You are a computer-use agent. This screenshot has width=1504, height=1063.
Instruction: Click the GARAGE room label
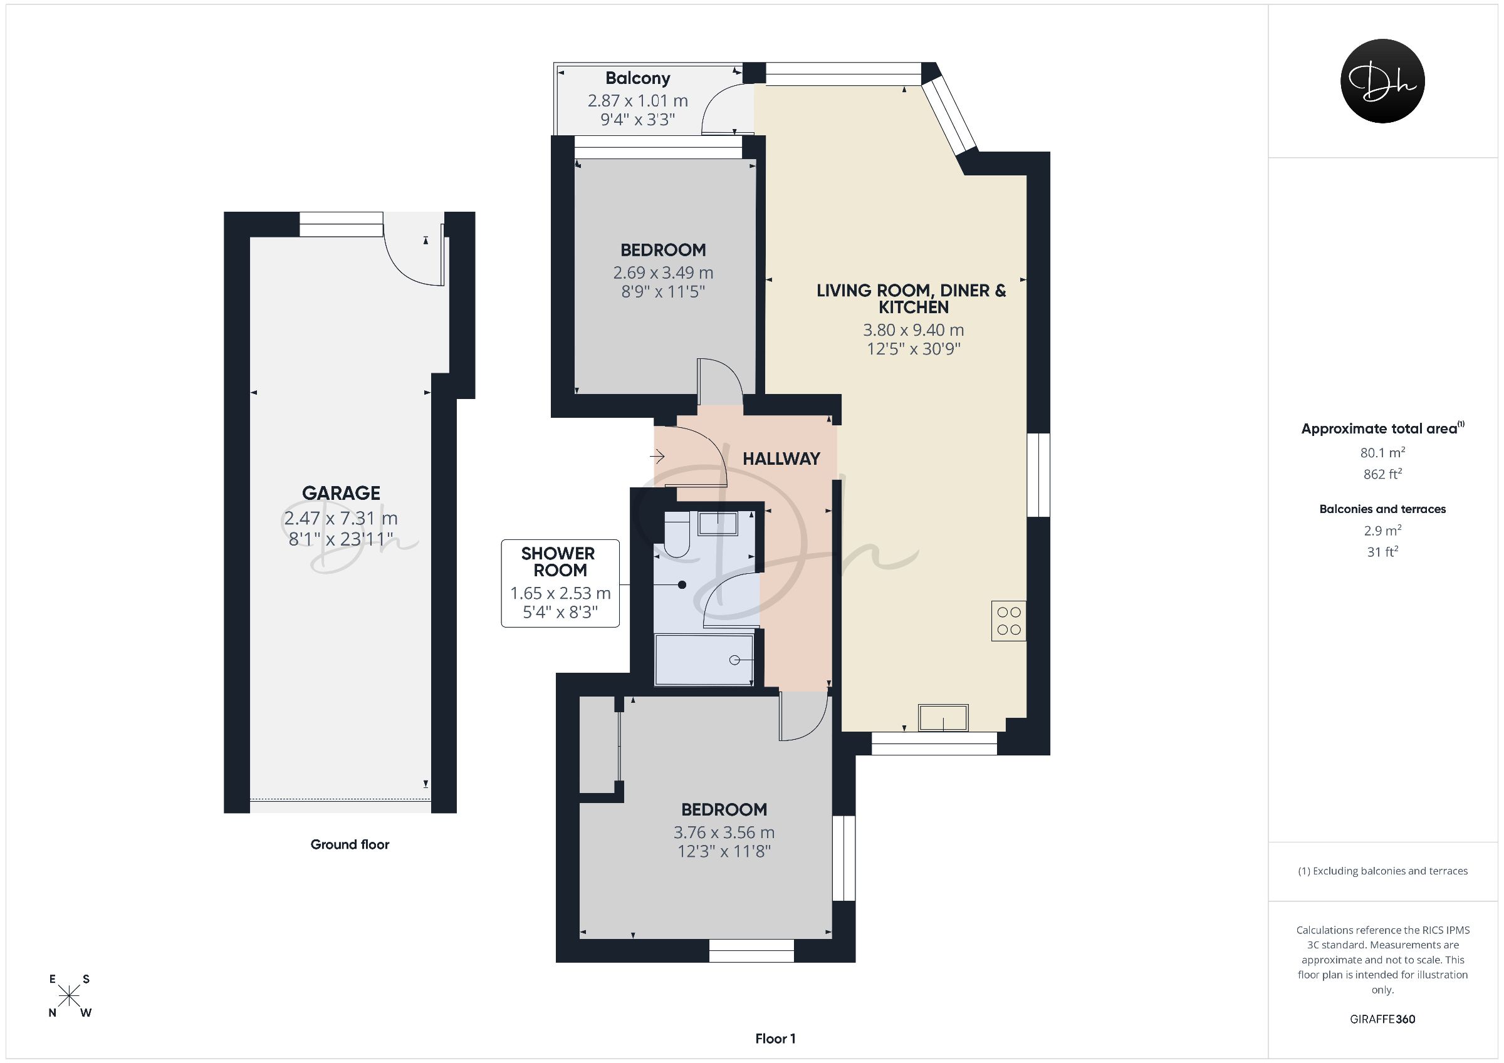(x=341, y=492)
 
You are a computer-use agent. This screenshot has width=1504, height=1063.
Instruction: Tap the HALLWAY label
(x=781, y=459)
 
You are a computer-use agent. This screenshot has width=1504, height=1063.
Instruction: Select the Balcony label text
(x=637, y=78)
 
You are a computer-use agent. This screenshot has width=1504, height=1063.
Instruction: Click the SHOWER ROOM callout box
(x=560, y=583)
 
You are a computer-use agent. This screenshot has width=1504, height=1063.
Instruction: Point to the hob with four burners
(x=1009, y=620)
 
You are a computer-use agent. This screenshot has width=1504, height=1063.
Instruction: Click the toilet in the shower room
(x=677, y=534)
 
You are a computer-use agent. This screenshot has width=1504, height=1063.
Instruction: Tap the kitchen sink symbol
(x=943, y=717)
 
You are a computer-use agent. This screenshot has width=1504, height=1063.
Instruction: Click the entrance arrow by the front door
(x=657, y=456)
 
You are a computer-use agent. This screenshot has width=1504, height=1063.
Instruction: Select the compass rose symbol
(x=70, y=996)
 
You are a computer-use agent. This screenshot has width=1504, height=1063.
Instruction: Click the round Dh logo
(x=1382, y=81)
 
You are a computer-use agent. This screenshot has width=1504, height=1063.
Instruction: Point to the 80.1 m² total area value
(x=1382, y=452)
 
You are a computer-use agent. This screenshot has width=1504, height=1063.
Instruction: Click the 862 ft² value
(x=1382, y=474)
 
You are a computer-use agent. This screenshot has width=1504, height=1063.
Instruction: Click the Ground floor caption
(x=350, y=844)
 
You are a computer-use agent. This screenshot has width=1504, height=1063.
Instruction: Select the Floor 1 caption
(x=775, y=1038)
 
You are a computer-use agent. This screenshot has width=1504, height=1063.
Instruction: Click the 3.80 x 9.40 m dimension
(x=913, y=330)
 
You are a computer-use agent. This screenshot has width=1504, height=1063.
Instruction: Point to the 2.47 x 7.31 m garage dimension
(x=341, y=518)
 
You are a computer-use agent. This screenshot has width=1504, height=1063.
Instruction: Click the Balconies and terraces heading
(x=1382, y=509)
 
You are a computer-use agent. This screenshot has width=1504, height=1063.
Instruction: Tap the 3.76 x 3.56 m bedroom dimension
(x=724, y=832)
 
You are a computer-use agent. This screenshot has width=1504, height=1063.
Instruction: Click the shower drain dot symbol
(x=682, y=584)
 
